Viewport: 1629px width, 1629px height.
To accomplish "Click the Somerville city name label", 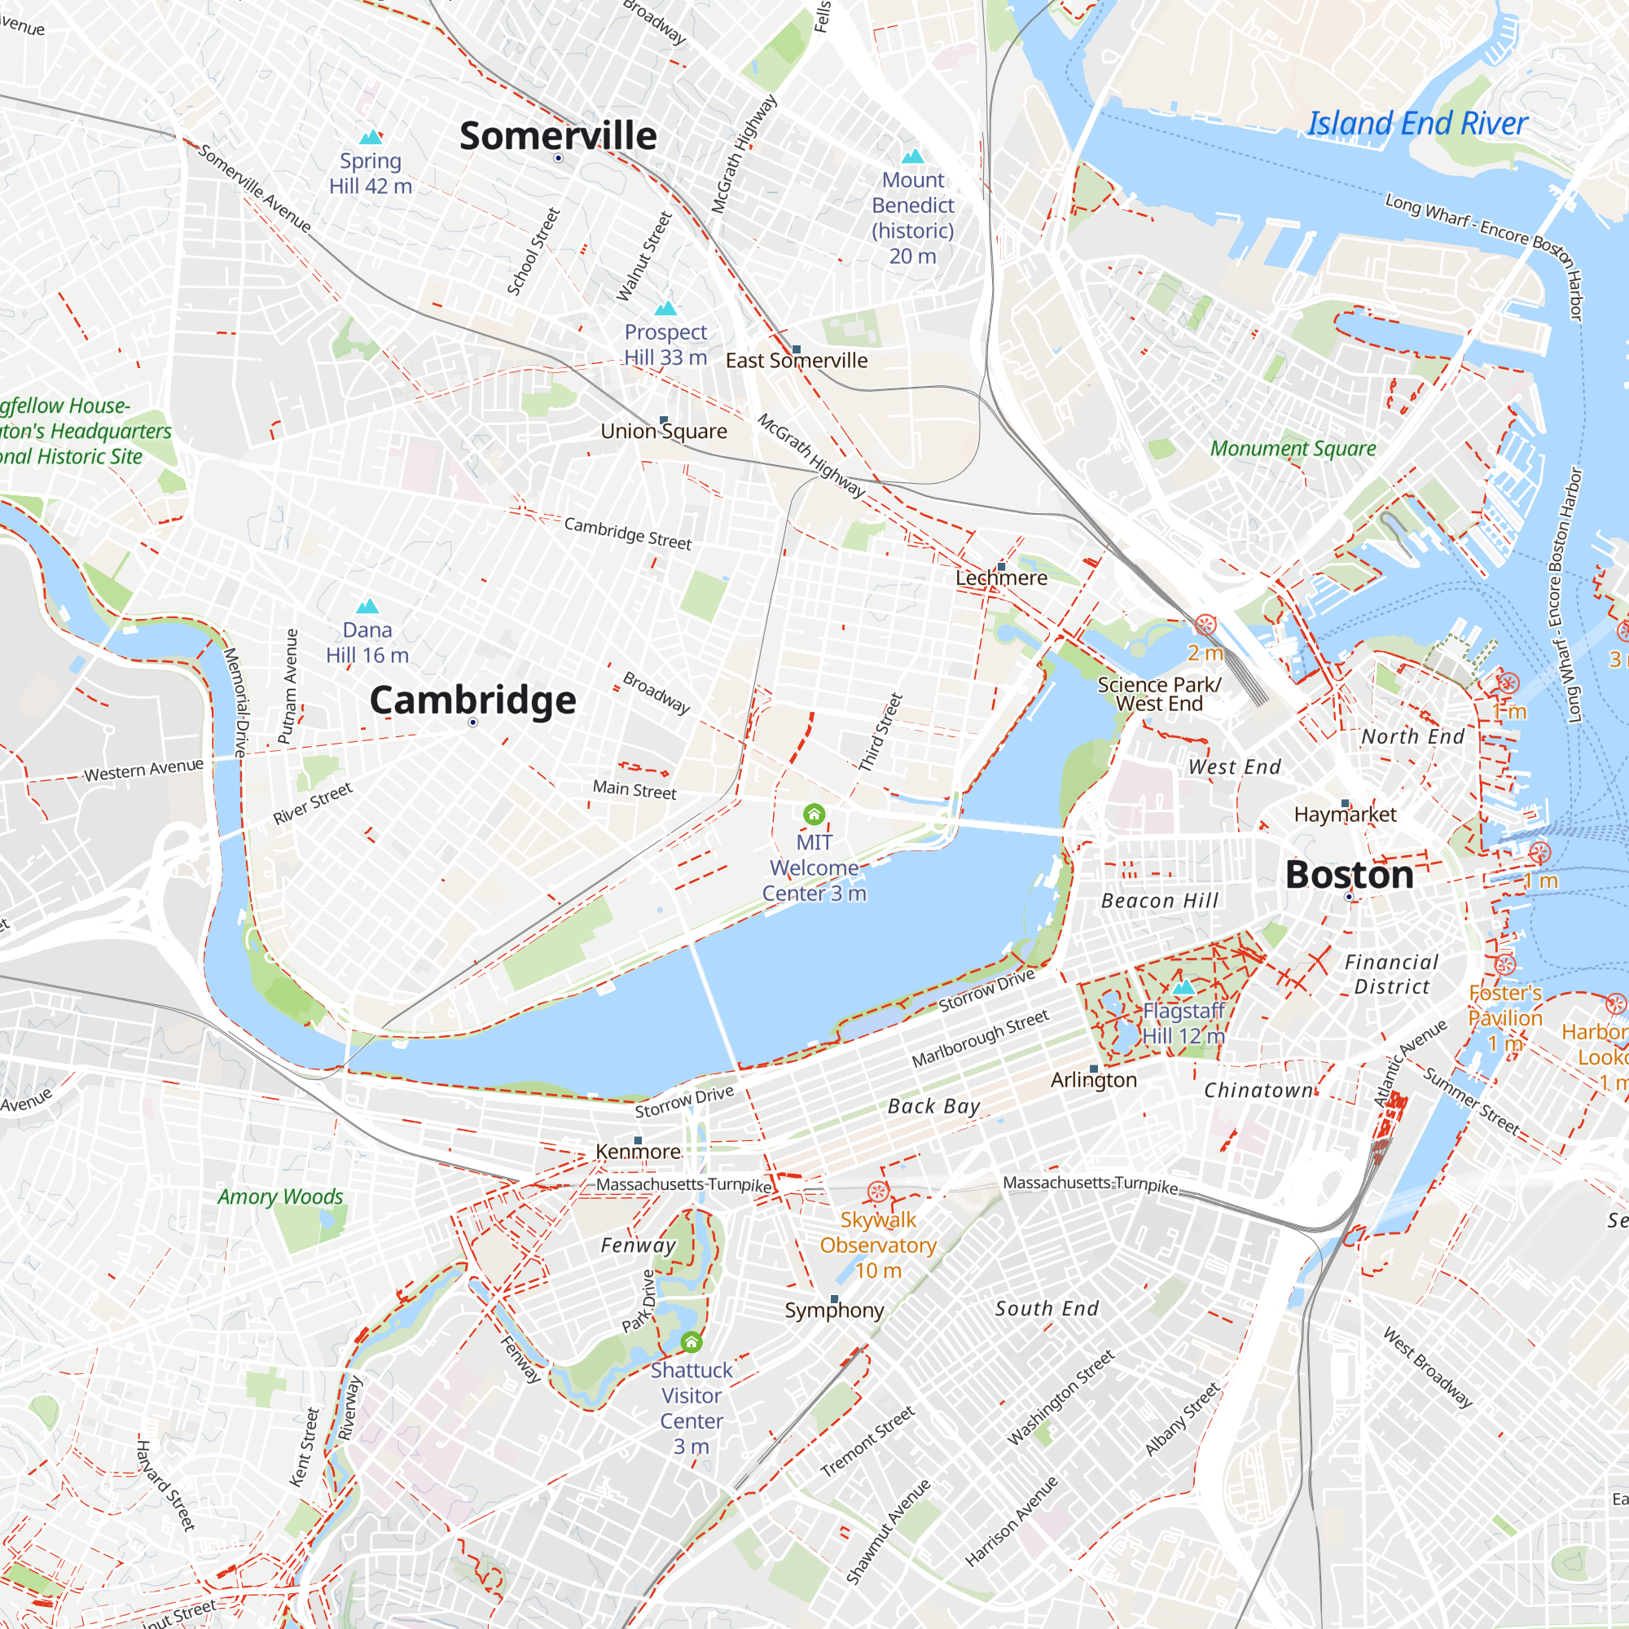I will (557, 136).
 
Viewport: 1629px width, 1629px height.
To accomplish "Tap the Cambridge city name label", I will (472, 700).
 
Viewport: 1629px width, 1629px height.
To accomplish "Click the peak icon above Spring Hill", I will (371, 138).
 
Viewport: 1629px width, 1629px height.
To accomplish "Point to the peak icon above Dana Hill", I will (367, 606).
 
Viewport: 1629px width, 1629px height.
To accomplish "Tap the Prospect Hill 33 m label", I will (665, 344).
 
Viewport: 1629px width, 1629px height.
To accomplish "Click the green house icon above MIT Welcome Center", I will (814, 814).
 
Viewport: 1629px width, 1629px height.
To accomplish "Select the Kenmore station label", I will (639, 1152).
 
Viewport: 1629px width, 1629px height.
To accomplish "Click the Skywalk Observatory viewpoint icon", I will (878, 1192).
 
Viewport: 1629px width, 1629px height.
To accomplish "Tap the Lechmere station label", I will (1001, 577).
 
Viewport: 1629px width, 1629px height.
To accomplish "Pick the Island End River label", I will (1416, 124).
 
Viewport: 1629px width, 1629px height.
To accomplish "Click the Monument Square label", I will (1293, 449).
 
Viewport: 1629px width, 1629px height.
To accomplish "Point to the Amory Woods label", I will (280, 1197).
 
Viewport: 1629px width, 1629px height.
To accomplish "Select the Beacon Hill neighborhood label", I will (1159, 901).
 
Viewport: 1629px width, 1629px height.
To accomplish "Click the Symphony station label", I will (834, 1311).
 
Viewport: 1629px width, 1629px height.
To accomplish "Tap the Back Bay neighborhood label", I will (933, 1106).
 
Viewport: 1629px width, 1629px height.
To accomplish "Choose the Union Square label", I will (664, 431).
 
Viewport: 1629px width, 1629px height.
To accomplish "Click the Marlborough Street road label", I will (980, 1038).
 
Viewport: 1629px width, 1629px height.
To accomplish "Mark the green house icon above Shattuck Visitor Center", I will (692, 1341).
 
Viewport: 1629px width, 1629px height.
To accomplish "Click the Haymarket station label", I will (1345, 814).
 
